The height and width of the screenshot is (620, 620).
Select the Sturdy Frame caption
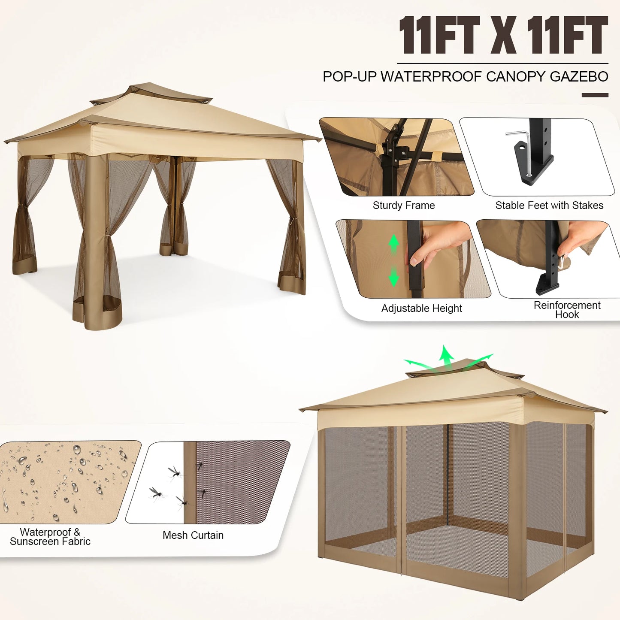click(x=403, y=206)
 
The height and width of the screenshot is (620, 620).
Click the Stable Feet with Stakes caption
click(x=549, y=206)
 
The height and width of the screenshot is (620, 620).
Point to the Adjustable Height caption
click(x=421, y=308)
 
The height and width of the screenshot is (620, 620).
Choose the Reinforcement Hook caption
click(x=567, y=310)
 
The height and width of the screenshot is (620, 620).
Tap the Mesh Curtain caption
click(x=193, y=535)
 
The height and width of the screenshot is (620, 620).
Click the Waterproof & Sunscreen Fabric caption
click(x=50, y=537)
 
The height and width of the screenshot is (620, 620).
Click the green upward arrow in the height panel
click(x=394, y=245)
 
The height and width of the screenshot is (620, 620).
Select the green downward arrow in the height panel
click(x=394, y=277)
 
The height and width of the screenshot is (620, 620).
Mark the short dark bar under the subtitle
click(x=595, y=95)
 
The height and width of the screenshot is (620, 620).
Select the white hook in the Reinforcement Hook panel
click(x=561, y=262)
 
